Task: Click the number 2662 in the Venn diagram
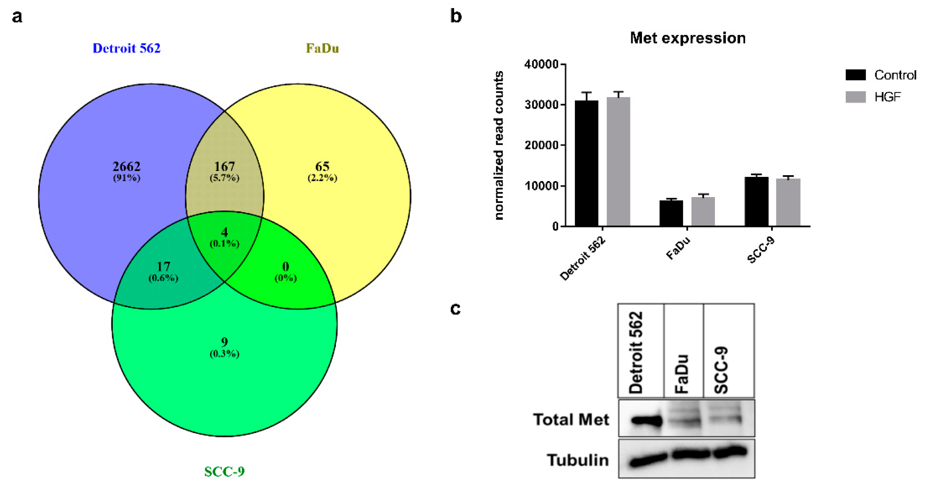[126, 167]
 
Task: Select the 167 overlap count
[224, 167]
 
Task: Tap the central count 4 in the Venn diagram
[224, 232]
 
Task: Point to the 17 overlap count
[163, 267]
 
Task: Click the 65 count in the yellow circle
[322, 167]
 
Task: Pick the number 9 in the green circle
[224, 342]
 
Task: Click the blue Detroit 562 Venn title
[126, 48]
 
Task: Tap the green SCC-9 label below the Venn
[224, 471]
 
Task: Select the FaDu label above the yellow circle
[322, 48]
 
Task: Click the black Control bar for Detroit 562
[586, 164]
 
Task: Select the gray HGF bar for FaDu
[703, 211]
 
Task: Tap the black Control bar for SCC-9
[756, 201]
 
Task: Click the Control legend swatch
[855, 75]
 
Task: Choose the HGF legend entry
[887, 97]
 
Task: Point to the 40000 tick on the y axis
[541, 65]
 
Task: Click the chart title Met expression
[688, 38]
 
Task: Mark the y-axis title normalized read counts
[499, 145]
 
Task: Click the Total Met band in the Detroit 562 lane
[646, 420]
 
